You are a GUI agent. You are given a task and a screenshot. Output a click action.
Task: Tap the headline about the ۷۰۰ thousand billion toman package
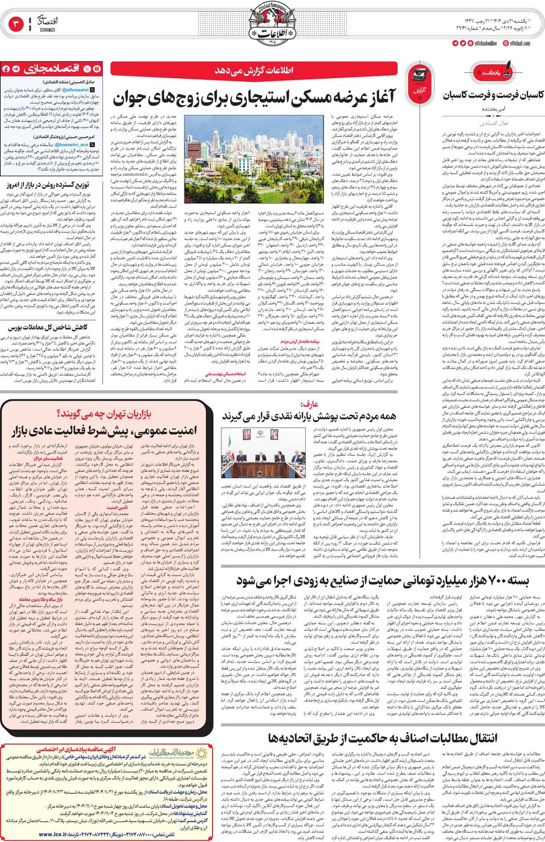click(382, 580)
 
